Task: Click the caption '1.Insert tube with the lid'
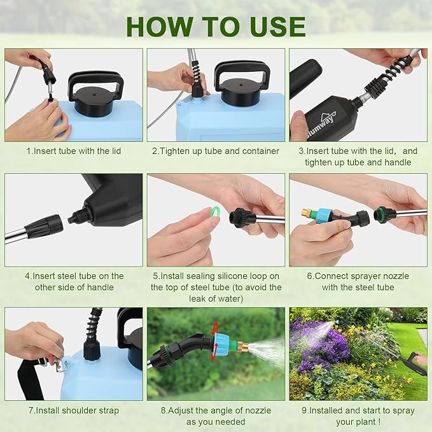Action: (73, 151)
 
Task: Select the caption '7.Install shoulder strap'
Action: (73, 410)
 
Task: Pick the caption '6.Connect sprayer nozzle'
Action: (358, 275)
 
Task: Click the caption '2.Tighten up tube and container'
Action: (216, 151)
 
